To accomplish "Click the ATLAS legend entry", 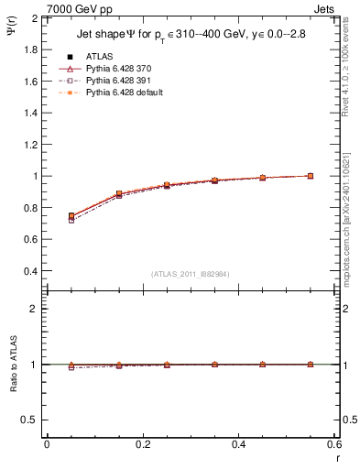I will coord(97,56).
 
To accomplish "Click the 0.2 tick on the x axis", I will coord(143,444).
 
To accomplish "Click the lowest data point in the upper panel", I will coord(71,220).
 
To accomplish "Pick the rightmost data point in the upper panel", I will coord(311,176).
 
